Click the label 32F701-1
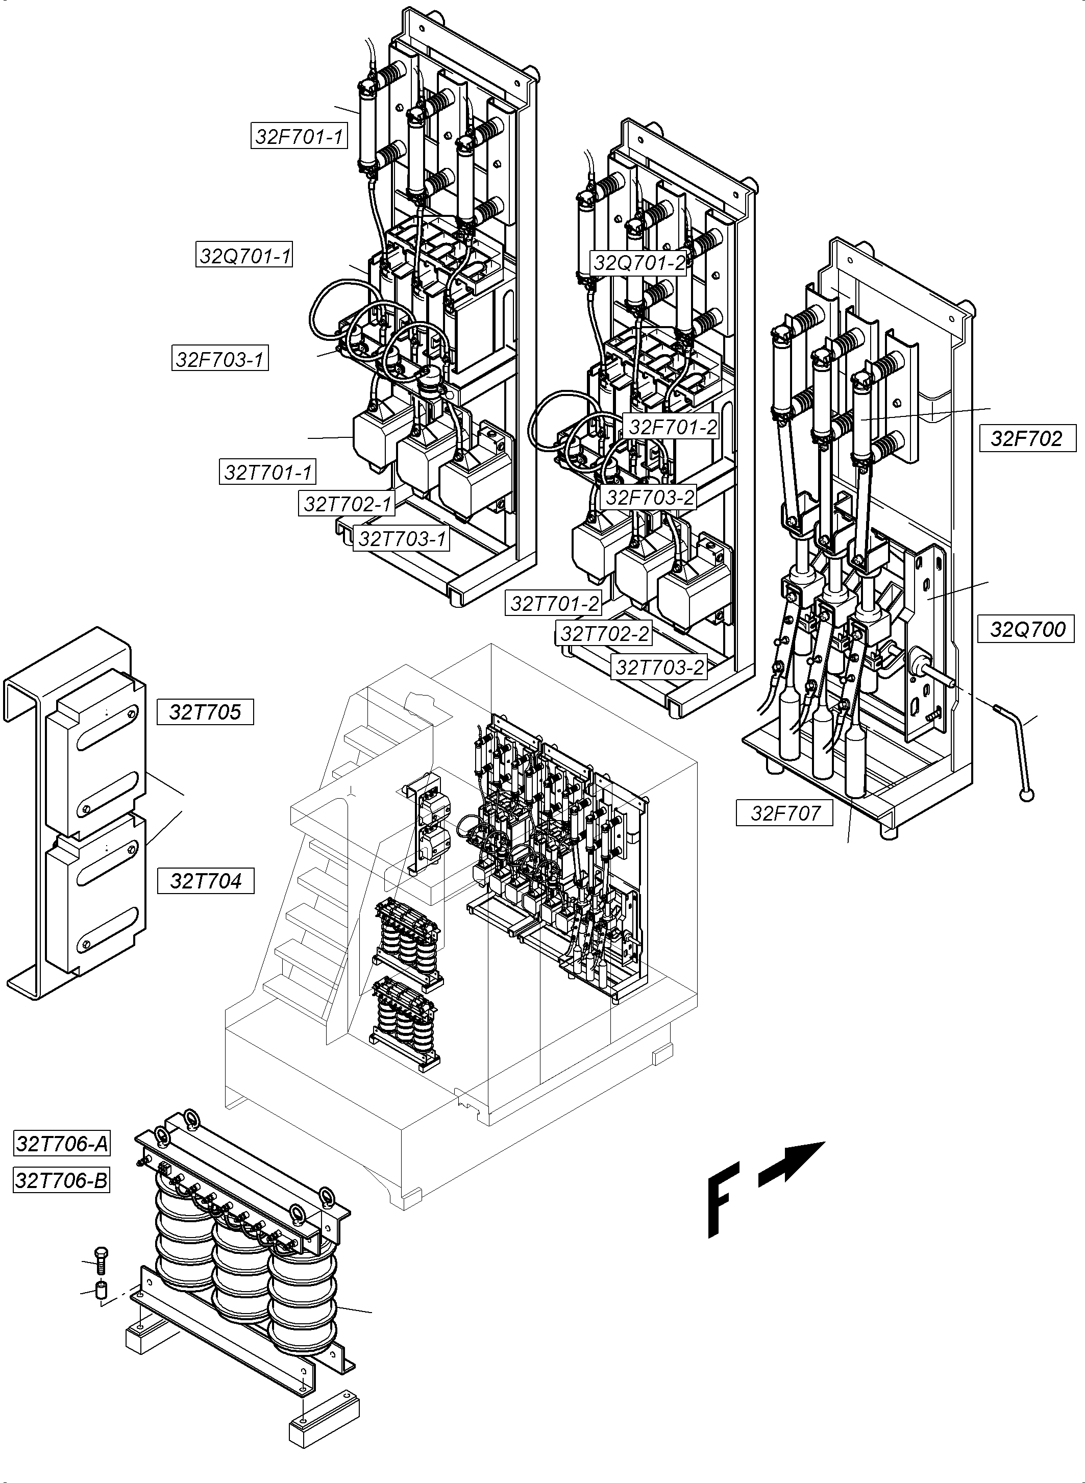click(299, 137)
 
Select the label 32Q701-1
click(244, 256)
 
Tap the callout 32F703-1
click(220, 359)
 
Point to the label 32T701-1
click(267, 472)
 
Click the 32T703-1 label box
click(401, 538)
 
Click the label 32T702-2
click(604, 634)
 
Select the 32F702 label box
click(1026, 438)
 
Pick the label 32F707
click(785, 813)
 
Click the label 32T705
click(205, 712)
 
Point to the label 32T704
click(206, 881)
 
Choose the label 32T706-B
click(62, 1180)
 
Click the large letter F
click(723, 1199)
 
